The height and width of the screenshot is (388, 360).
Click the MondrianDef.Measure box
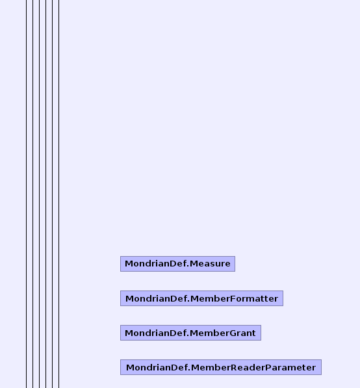tap(177, 264)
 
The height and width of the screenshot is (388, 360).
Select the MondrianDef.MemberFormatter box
tap(201, 298)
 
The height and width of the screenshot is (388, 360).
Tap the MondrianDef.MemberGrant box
tap(190, 333)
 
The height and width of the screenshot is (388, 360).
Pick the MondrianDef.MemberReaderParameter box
tap(221, 367)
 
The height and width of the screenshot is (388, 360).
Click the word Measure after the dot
tap(210, 264)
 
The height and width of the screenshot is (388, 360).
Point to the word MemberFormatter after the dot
tap(235, 298)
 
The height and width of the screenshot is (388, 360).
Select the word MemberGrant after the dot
tap(223, 333)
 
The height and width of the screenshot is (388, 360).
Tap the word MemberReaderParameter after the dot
tap(253, 367)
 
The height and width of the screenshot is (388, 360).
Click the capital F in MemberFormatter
tap(233, 298)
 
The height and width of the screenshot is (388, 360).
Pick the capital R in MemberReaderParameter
tap(234, 367)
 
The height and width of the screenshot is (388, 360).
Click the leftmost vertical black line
tap(27, 194)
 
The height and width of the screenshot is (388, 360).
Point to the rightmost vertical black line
tap(59, 194)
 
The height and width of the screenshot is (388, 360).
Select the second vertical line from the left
tap(33, 194)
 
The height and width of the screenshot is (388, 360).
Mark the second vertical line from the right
tap(52, 194)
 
